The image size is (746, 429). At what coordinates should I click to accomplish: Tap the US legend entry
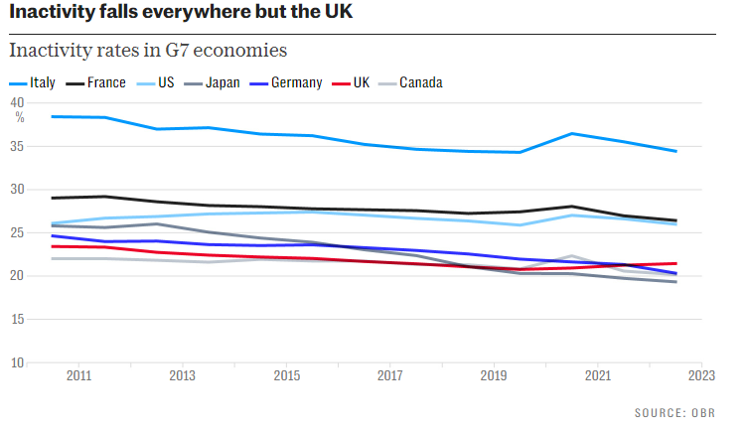166,82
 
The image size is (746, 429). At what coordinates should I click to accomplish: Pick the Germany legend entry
296,82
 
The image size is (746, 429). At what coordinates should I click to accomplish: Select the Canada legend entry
421,82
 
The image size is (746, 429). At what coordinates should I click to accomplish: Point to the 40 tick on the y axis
17,102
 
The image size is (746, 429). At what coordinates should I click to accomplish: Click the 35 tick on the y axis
17,146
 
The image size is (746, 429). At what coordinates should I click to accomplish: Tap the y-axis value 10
17,362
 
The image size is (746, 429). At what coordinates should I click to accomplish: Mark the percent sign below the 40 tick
19,117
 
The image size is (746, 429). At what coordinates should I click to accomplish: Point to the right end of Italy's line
676,151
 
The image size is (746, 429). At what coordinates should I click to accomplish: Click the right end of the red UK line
676,263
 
